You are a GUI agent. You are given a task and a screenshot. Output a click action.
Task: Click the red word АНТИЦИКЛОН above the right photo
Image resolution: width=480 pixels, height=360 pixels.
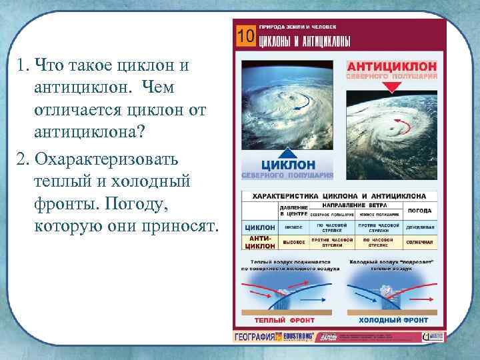[x=391, y=67]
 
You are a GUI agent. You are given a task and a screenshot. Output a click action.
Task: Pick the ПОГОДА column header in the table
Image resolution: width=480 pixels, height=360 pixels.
[x=420, y=210]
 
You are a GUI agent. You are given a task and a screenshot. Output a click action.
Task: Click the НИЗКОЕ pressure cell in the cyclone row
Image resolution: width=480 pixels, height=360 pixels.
[x=293, y=227]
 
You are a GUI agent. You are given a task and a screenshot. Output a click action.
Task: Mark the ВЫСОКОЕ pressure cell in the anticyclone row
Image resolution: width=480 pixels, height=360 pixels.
[x=293, y=241]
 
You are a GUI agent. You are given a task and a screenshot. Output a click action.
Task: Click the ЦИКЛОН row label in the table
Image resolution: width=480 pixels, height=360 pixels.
[x=259, y=227]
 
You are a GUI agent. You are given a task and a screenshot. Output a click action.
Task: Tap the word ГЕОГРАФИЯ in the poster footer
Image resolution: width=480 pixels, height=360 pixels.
[x=254, y=337]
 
